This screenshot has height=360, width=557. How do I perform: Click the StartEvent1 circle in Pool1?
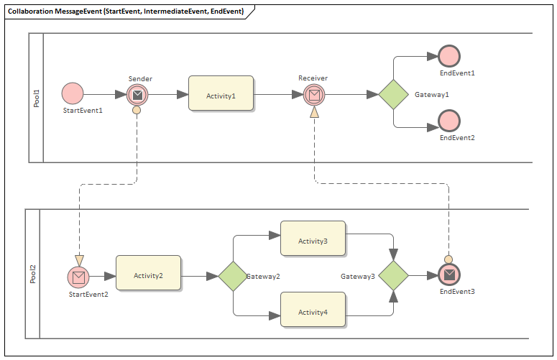click(72, 93)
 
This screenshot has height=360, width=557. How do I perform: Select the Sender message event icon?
click(137, 94)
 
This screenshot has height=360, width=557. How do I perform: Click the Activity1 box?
click(221, 93)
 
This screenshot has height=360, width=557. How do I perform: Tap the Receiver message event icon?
click(313, 94)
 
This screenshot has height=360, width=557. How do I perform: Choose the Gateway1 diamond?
click(393, 94)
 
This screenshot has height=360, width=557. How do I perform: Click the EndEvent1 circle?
click(449, 56)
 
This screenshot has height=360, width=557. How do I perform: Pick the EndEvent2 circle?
click(449, 121)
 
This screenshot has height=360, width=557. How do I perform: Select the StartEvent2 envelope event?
click(78, 276)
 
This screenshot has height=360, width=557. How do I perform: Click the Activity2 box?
click(148, 273)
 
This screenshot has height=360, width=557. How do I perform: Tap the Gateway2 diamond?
click(233, 276)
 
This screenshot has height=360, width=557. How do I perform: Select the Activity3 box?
click(313, 239)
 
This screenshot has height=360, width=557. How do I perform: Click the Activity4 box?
click(313, 310)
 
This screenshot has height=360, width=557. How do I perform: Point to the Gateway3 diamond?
click(393, 276)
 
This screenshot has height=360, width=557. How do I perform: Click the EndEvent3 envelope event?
click(448, 274)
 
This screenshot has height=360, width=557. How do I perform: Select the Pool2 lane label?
click(32, 274)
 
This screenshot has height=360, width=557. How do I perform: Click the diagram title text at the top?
click(126, 12)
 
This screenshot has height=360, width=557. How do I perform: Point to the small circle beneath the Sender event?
click(137, 111)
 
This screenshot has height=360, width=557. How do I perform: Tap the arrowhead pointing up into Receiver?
click(314, 112)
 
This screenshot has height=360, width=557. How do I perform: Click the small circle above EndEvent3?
click(448, 259)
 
